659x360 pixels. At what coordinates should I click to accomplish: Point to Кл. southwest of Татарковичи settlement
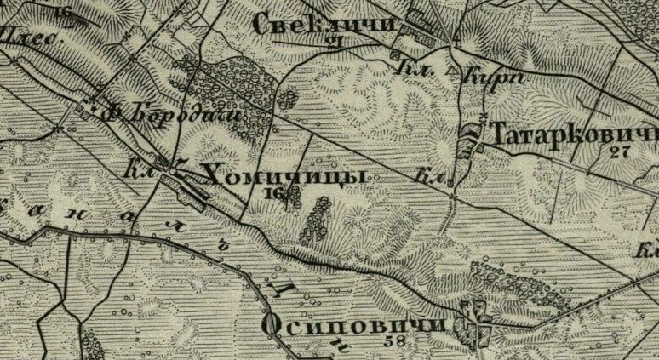coord(432,178)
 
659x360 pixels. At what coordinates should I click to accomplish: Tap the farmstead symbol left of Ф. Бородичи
coord(88,108)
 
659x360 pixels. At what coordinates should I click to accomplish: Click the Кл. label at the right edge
coord(649,251)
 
